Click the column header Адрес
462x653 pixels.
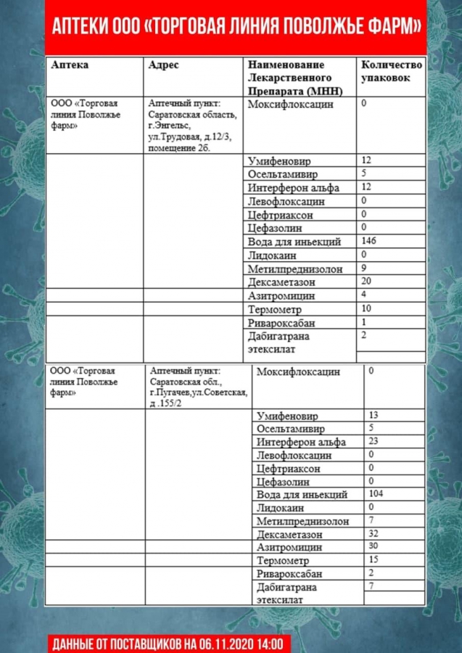tap(163, 65)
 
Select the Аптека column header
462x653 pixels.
tap(70, 65)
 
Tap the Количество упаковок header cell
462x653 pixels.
tap(391, 71)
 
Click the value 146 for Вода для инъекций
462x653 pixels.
tap(368, 241)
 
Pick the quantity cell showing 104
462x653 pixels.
tap(376, 493)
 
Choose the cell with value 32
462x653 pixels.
tap(374, 533)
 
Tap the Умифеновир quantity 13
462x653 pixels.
tap(374, 415)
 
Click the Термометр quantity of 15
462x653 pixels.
tap(374, 559)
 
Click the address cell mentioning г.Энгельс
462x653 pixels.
tap(192, 126)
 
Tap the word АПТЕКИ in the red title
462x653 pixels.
tap(80, 28)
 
